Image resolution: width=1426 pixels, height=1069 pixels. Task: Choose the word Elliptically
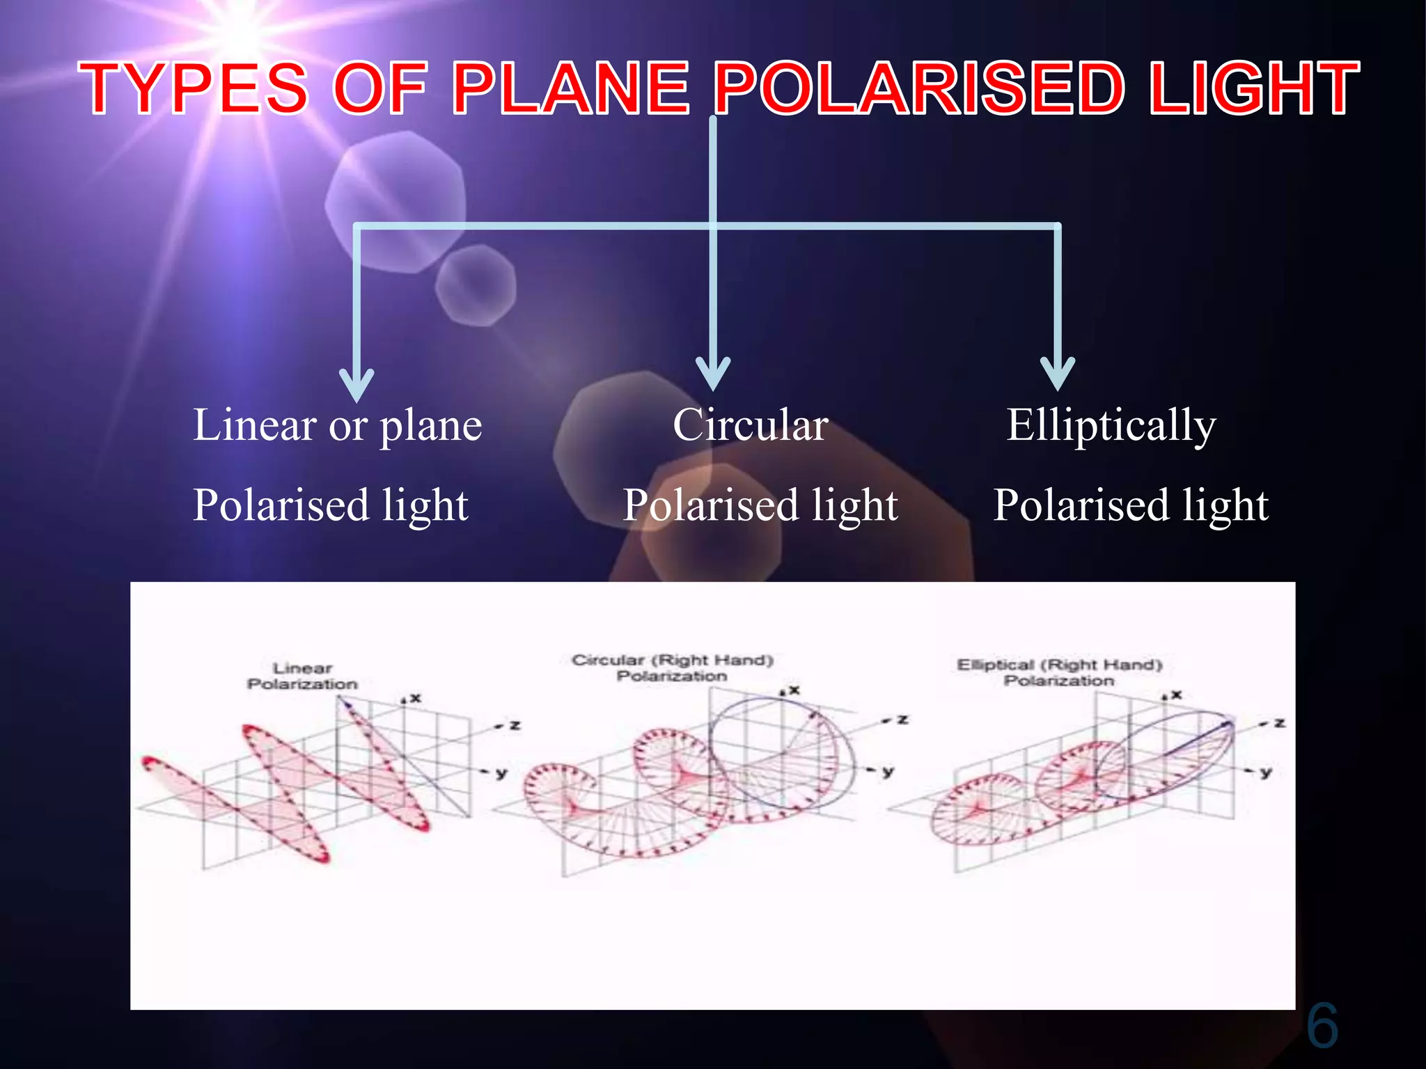(1111, 426)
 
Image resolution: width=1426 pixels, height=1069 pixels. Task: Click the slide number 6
(1322, 1026)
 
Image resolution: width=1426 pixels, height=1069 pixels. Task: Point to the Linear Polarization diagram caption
(302, 676)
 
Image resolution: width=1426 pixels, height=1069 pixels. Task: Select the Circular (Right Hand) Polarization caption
(673, 668)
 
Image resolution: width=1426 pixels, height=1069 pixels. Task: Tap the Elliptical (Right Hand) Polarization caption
(1059, 672)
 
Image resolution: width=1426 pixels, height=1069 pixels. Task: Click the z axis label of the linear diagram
(515, 726)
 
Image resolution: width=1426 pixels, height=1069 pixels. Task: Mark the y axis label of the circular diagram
(888, 771)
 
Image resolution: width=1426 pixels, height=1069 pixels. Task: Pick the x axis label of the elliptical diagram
(1176, 695)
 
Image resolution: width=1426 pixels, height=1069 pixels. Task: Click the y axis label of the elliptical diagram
(1266, 772)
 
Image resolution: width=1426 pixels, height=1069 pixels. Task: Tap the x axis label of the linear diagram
(416, 697)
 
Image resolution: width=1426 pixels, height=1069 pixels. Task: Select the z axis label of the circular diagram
(902, 720)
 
